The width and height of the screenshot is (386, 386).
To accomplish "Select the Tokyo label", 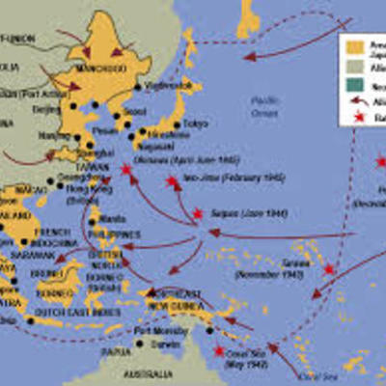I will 196,123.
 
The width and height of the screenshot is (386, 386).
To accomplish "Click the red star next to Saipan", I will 198,213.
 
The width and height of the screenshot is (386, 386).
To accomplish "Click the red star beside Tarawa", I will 330,269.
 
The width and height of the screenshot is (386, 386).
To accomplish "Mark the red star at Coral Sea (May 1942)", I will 219,351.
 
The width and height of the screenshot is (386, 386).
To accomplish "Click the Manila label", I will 114,220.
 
